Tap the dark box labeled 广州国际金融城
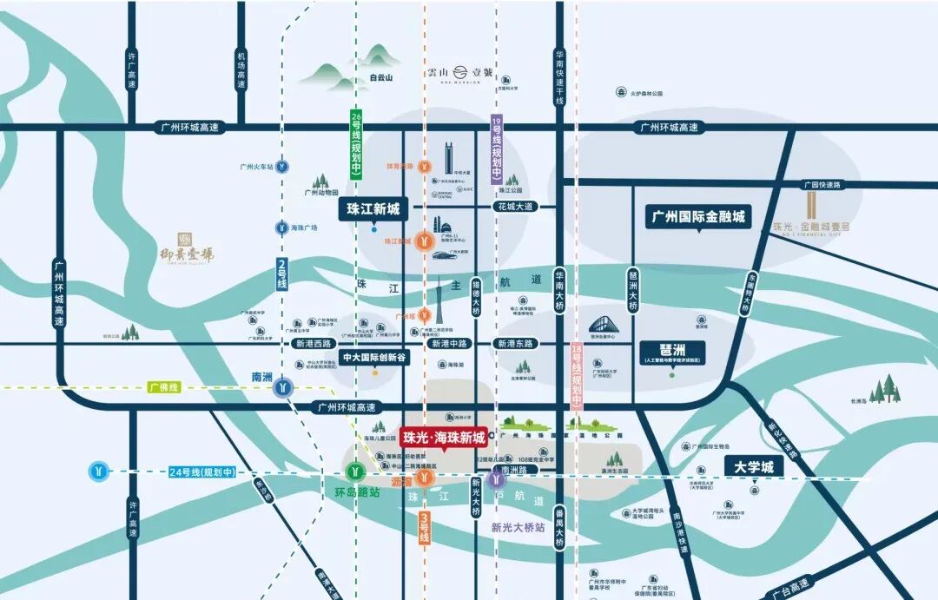698,216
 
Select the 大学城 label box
754,467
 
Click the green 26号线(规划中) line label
356,145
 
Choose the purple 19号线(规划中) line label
497,151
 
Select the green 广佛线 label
163,387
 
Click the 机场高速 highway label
241,69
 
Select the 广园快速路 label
822,184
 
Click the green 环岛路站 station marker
355,472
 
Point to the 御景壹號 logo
187,247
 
